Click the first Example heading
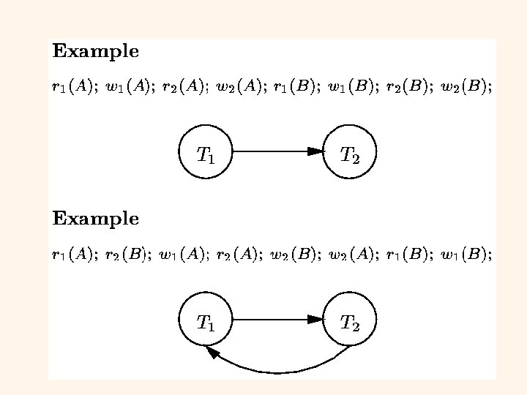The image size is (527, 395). (x=95, y=52)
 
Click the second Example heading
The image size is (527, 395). (x=95, y=219)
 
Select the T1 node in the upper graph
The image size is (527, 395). (x=206, y=152)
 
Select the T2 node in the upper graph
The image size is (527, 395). (x=349, y=152)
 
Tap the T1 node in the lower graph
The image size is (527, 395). (x=206, y=320)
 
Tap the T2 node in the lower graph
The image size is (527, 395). (x=349, y=320)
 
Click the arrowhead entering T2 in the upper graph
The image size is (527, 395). (x=315, y=152)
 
